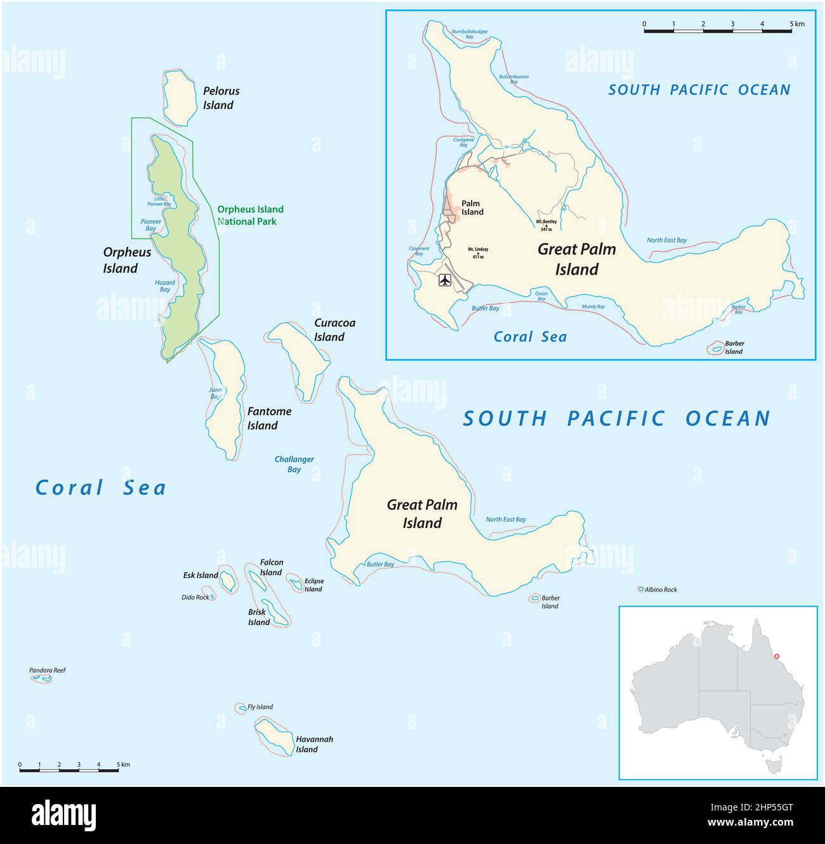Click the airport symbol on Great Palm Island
445,280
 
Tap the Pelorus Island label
221,98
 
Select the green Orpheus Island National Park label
250,215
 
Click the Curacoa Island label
334,330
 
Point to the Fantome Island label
269,418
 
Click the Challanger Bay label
294,464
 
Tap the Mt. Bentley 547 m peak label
546,225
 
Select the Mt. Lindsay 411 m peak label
478,253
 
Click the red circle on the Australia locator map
777,657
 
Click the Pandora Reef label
47,670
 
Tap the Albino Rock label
661,590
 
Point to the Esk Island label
201,576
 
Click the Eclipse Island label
313,584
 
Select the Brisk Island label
258,617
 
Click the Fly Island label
260,707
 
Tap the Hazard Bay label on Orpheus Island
165,286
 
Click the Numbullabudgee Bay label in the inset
470,34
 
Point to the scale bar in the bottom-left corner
69,770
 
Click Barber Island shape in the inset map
716,348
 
